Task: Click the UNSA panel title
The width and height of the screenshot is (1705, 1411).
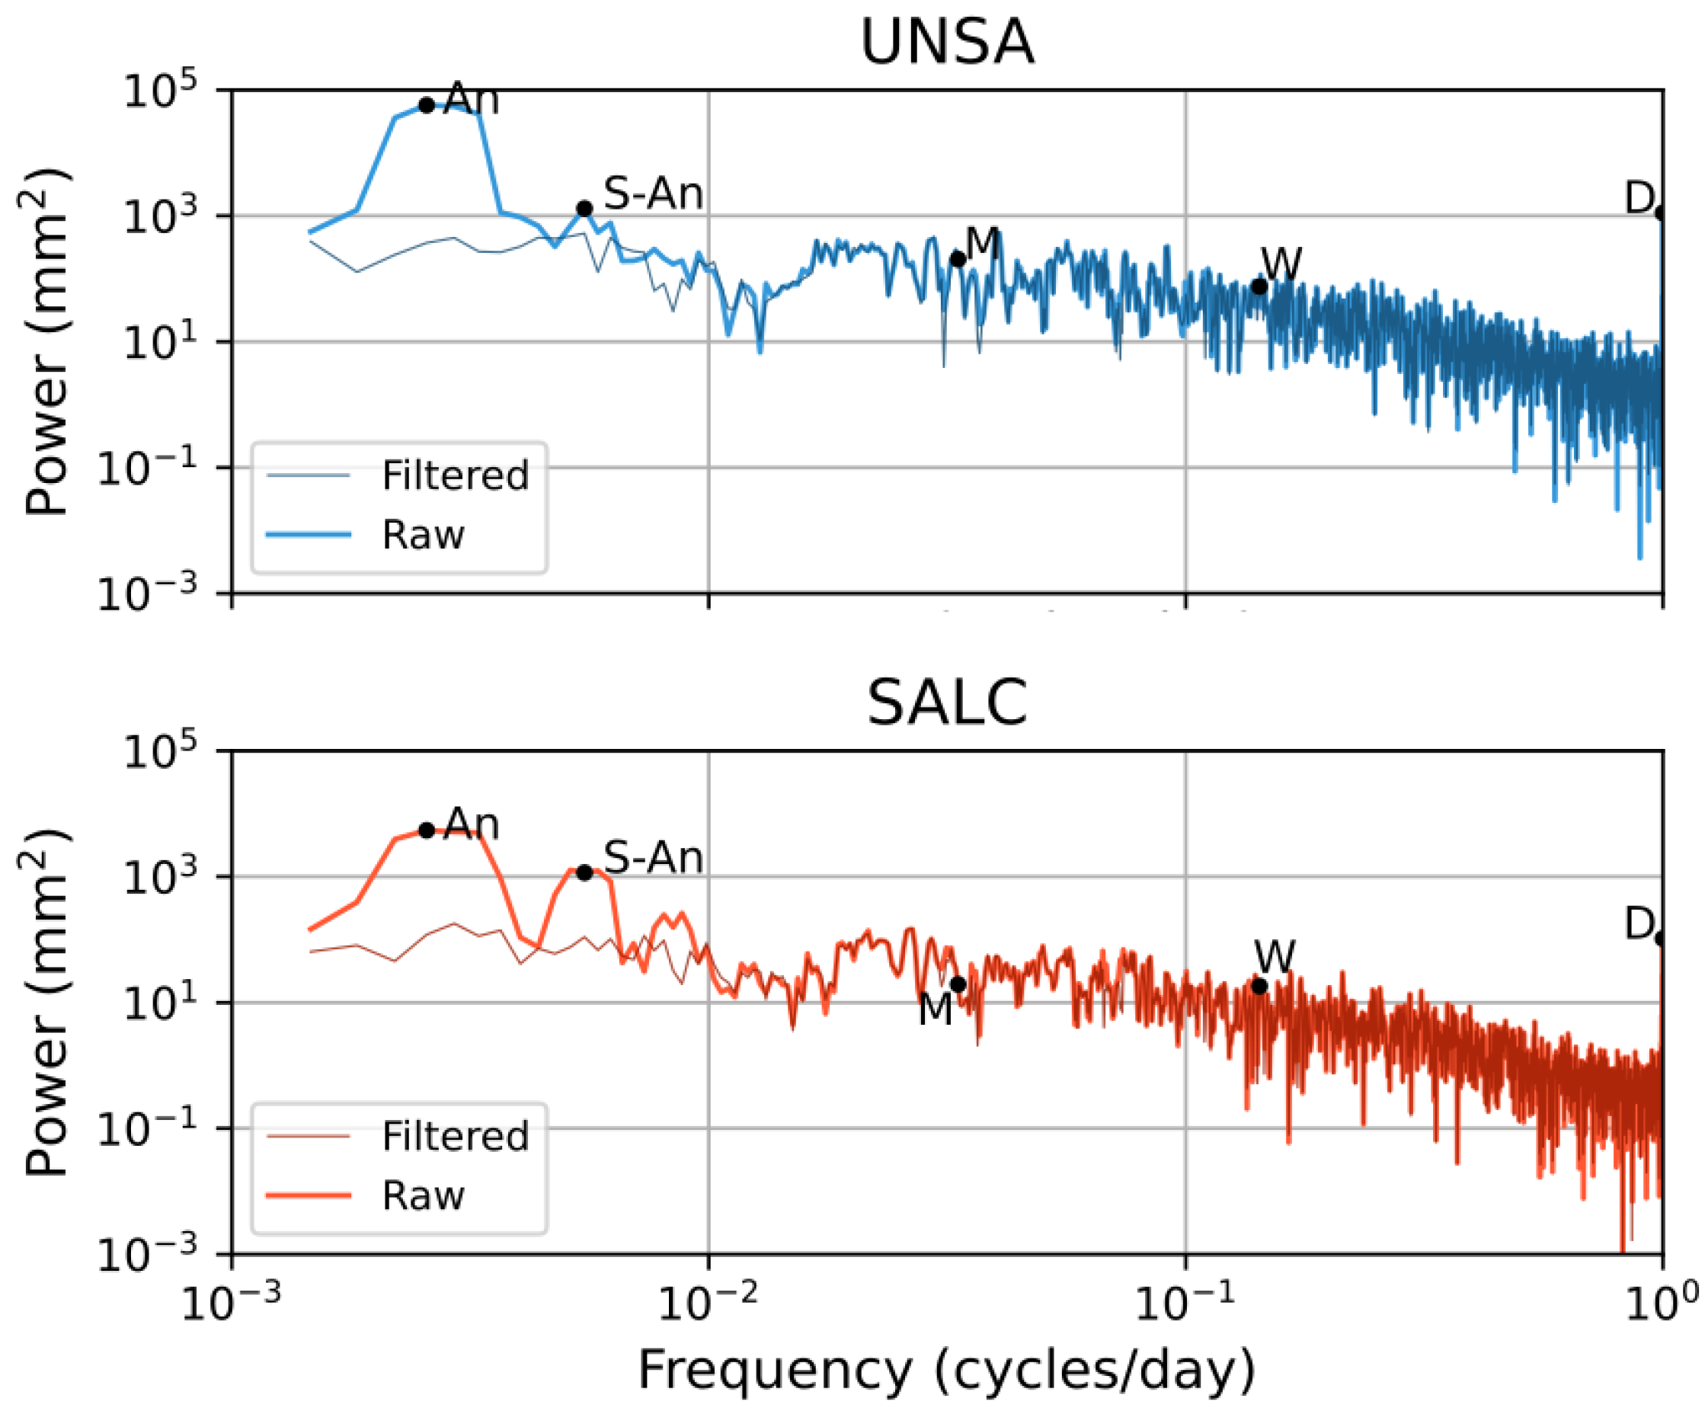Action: pos(947,42)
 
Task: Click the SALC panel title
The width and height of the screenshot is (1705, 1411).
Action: pos(947,702)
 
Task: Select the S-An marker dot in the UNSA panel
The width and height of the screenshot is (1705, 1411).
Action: pos(584,209)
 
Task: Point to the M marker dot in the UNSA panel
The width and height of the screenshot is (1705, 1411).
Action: pos(958,259)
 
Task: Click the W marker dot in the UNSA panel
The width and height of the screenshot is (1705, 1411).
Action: pos(1259,286)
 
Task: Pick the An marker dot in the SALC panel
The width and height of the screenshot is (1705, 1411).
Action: pos(427,830)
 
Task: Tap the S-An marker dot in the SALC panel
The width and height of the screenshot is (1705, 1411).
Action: pos(584,873)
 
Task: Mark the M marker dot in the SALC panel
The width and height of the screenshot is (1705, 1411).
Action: pos(958,984)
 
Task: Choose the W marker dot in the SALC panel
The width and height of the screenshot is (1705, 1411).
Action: pos(1259,987)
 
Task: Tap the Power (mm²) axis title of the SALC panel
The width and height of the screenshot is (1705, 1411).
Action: pos(46,1003)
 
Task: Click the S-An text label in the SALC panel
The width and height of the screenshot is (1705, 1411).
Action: pos(653,857)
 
